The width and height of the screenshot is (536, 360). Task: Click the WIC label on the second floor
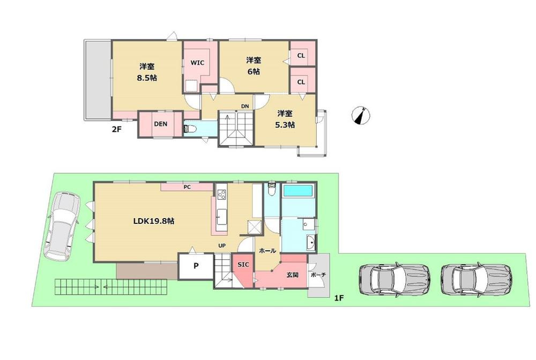pos(197,63)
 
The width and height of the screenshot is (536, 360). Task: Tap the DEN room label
pos(160,124)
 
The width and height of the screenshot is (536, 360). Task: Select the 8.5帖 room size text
pos(147,78)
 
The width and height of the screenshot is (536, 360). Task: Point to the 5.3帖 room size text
pos(285,125)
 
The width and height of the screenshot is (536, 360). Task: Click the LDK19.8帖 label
pos(154,221)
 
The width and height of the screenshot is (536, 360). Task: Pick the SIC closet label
pos(243,265)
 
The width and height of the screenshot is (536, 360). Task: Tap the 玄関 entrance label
pos(292,274)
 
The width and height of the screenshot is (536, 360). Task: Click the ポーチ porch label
pos(318,275)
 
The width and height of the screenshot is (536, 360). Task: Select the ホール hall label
pos(267,251)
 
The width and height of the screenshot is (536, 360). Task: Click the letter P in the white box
pos(196,266)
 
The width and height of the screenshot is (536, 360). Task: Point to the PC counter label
pos(187,187)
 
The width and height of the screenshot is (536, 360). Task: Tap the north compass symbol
pos(361,115)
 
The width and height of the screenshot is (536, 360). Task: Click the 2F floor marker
pos(117,130)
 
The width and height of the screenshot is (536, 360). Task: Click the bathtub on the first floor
pos(298,191)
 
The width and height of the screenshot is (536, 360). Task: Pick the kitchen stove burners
pos(221,194)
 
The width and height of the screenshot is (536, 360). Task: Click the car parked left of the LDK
pos(62,226)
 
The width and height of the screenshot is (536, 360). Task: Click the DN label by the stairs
pos(245,107)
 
